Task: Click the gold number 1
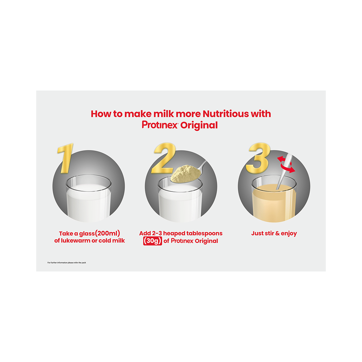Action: pyautogui.click(x=66, y=158)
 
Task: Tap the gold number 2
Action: pyautogui.click(x=164, y=158)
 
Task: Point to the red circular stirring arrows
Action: pyautogui.click(x=286, y=164)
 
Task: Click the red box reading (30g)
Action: pyautogui.click(x=152, y=241)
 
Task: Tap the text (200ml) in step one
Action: pyautogui.click(x=108, y=233)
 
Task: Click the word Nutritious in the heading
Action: pyautogui.click(x=226, y=114)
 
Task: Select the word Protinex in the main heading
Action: pyautogui.click(x=160, y=125)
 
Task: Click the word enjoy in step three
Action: pyautogui.click(x=289, y=233)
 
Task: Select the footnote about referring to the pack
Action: pyautogui.click(x=67, y=262)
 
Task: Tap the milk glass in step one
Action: pyautogui.click(x=89, y=198)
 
